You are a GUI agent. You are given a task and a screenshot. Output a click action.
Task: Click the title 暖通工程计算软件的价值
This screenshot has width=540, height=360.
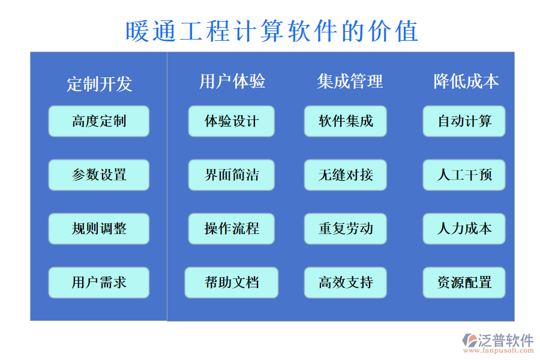pos(271,31)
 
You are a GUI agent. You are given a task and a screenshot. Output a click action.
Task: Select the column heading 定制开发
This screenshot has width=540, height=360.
pos(99,83)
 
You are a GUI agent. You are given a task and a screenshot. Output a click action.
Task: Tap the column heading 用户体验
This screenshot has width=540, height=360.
pos(232,81)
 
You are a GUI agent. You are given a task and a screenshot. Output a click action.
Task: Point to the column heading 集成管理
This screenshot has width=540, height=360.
pos(350,81)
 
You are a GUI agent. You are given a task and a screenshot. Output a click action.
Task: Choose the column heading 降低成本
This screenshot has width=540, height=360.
pos(466,81)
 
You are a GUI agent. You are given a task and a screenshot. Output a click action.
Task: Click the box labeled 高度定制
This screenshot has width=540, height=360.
pos(99,121)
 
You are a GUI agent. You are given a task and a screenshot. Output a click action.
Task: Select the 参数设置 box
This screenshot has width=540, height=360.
pos(99,175)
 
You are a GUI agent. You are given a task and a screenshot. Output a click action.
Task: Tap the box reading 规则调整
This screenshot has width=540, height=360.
pos(99,229)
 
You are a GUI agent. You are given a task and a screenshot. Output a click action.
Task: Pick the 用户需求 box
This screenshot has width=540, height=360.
pos(99,282)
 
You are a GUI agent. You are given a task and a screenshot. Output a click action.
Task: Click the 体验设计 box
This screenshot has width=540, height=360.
pos(232,121)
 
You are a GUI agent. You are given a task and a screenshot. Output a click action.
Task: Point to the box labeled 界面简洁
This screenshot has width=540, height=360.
pos(232,175)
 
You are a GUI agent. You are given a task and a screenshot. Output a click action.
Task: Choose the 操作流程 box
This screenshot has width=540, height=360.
pos(232,229)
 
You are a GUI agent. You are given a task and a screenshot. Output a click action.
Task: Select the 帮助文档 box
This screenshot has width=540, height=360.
pos(232,282)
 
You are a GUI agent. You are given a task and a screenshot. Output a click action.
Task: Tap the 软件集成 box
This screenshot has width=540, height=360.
pos(346,121)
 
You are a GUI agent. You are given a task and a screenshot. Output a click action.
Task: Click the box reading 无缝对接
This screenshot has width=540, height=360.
pos(346,175)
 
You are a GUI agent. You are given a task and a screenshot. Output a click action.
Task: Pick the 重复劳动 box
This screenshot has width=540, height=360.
pos(346,229)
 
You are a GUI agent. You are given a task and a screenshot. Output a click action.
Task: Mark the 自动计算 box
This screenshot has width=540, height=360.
pos(464,121)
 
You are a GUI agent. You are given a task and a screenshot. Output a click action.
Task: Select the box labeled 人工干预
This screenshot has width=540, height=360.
pos(464,175)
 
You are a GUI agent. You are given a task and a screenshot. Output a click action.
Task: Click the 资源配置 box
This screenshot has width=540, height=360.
pos(464,282)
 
